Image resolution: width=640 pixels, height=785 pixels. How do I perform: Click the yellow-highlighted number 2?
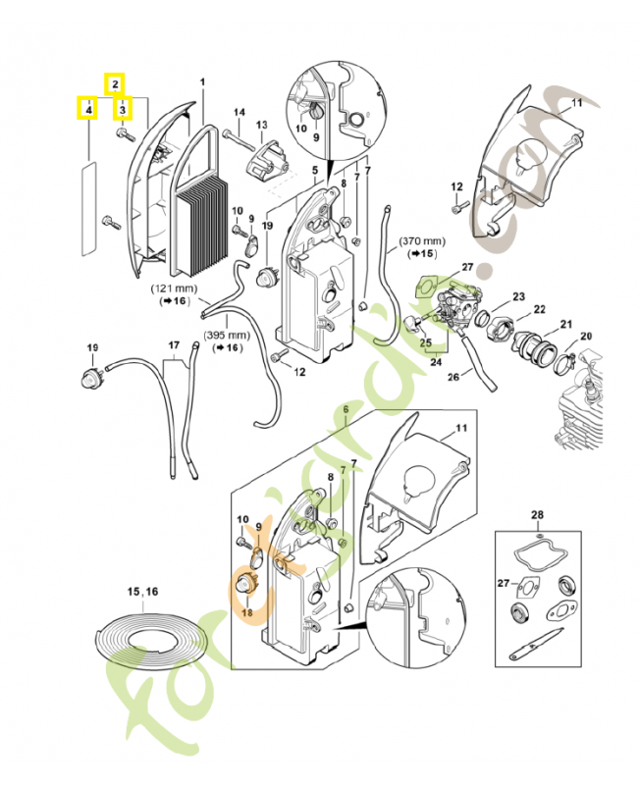click(x=115, y=83)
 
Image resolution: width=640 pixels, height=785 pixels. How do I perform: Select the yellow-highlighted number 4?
click(x=88, y=110)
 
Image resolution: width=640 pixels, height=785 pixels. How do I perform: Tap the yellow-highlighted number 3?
click(x=123, y=110)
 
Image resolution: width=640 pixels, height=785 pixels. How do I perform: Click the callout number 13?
click(x=262, y=126)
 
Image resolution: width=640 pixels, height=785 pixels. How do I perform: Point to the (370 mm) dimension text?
click(x=421, y=240)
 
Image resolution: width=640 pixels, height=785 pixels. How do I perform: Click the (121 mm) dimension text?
click(x=173, y=289)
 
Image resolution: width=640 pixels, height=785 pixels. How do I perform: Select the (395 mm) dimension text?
click(x=224, y=335)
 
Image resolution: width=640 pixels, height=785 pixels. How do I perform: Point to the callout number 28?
click(x=537, y=514)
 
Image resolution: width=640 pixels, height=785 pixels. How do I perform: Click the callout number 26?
click(x=453, y=376)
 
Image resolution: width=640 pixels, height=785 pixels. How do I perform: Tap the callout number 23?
click(x=518, y=296)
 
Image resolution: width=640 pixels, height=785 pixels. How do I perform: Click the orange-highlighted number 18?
click(x=246, y=612)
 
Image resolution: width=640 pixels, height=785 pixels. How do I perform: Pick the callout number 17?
click(x=174, y=345)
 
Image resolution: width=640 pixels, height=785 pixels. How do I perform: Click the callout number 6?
click(x=345, y=407)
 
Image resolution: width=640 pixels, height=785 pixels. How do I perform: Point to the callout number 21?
click(x=566, y=324)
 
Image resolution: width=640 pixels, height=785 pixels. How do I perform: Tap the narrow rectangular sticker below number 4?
click(x=87, y=208)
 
